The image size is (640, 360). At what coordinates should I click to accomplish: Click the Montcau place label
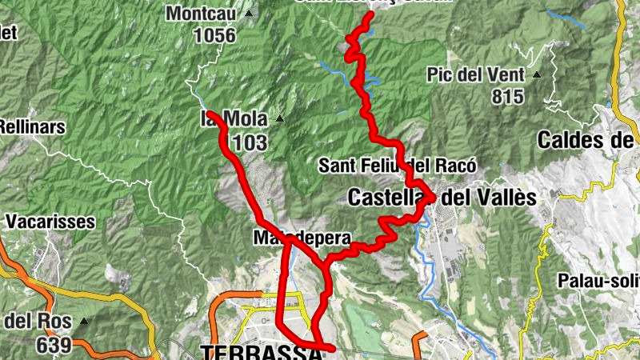click(205, 14)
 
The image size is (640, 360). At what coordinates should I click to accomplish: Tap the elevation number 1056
click(214, 35)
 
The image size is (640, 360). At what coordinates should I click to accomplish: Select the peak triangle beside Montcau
click(250, 14)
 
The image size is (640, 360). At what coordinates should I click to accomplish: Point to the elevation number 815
click(508, 97)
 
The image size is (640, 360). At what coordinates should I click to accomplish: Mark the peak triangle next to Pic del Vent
click(538, 75)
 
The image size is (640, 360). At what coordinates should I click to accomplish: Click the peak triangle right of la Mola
click(280, 119)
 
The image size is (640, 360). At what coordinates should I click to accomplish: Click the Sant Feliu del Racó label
click(398, 166)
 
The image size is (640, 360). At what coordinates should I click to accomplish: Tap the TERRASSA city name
click(255, 352)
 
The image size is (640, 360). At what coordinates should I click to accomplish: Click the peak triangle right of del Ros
click(82, 322)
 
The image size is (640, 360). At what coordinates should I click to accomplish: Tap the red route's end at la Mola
click(211, 115)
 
